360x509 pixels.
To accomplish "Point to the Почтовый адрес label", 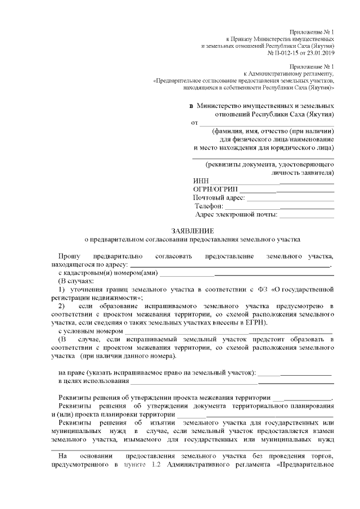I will (x=219, y=198).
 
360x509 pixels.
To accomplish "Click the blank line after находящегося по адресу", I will (x=231, y=266).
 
